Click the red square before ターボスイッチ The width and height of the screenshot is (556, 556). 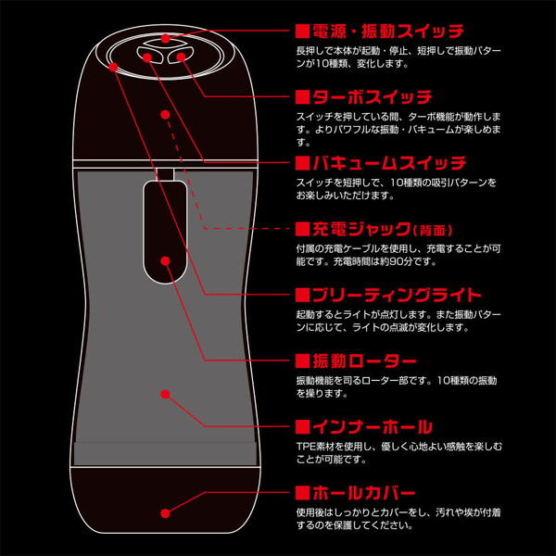pyautogui.click(x=301, y=96)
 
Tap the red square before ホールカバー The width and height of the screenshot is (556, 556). pyautogui.click(x=301, y=493)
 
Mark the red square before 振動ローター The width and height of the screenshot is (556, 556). pyautogui.click(x=301, y=360)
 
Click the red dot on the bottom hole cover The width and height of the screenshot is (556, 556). pyautogui.click(x=165, y=512)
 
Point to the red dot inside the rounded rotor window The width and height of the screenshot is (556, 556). pyautogui.click(x=165, y=260)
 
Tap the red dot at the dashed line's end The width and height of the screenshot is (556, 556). pyautogui.click(x=165, y=115)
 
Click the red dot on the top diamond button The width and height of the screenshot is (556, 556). pyautogui.click(x=165, y=40)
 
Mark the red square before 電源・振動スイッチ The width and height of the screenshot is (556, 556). pyautogui.click(x=301, y=32)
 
